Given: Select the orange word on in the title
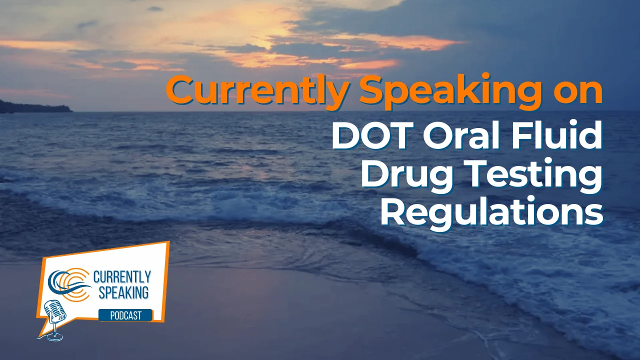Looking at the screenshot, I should [x=575, y=91].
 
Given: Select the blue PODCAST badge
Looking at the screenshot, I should [x=125, y=315].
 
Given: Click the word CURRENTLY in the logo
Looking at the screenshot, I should [x=122, y=276].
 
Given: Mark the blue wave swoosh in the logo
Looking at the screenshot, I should [x=70, y=287].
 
